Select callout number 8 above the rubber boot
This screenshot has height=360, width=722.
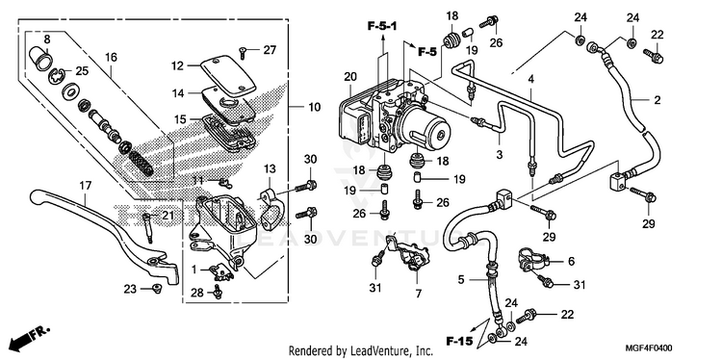(46, 39)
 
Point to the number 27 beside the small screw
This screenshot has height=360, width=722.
(268, 50)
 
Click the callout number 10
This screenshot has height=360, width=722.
(314, 108)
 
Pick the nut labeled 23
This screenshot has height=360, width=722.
(157, 289)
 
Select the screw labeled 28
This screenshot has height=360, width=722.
(218, 292)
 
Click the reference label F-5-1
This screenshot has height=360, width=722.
(382, 27)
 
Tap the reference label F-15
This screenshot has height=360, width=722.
(459, 341)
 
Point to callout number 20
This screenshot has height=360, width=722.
(350, 77)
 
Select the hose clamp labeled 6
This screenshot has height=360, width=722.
(532, 260)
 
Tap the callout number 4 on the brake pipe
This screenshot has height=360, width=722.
(530, 79)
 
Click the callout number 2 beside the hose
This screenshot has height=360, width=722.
(658, 100)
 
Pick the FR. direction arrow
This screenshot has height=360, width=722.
(31, 337)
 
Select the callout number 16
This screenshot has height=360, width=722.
(111, 58)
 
